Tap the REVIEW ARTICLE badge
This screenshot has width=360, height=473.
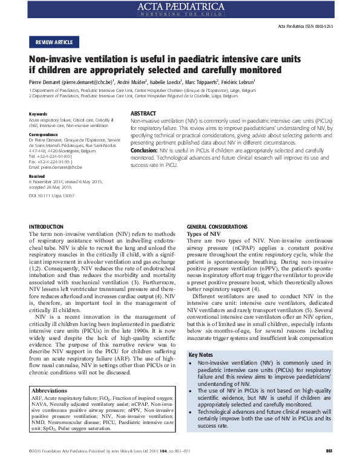pyautogui.click(x=54, y=42)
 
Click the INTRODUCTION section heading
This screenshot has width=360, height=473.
pyautogui.click(x=50, y=226)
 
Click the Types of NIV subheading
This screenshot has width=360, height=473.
pyautogui.click(x=204, y=233)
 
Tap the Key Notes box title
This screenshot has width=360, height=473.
pyautogui.click(x=201, y=354)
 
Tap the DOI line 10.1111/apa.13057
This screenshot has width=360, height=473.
pyautogui.click(x=51, y=197)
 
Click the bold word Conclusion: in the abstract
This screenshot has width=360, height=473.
pyautogui.click(x=144, y=150)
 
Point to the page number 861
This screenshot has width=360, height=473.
pyautogui.click(x=329, y=467)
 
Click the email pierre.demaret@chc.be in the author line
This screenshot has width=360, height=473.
pyautogui.click(x=90, y=81)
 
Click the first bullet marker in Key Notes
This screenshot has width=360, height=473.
pyautogui.click(x=192, y=363)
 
